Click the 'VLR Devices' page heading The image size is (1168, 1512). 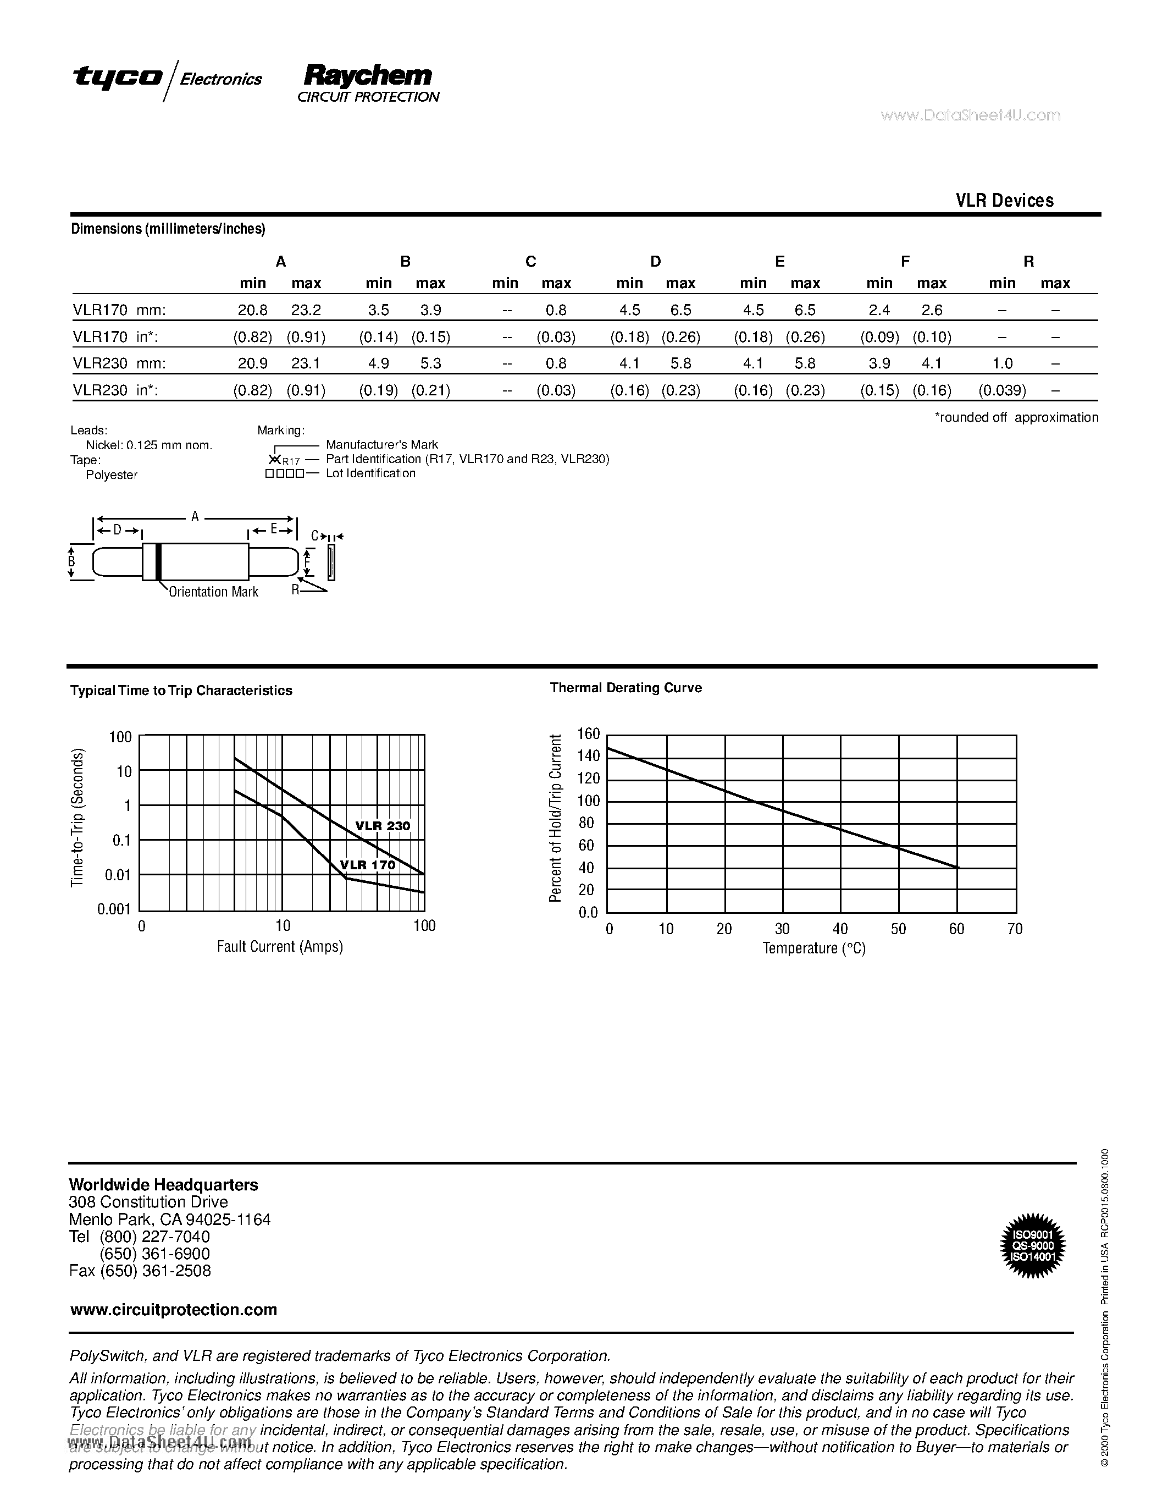1004,200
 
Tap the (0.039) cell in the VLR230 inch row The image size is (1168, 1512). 1002,390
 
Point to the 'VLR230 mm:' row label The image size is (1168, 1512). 120,363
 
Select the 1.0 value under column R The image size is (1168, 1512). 1002,363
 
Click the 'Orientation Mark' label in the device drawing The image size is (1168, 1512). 213,592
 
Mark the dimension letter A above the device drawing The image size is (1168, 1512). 195,516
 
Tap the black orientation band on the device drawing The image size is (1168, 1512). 158,561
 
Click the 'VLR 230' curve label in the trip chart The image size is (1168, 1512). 383,826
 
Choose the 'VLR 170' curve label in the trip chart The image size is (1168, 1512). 367,865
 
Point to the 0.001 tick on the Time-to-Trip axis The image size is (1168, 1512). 114,909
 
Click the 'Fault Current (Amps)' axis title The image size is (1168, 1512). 280,946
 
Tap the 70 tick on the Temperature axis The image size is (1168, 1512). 1015,929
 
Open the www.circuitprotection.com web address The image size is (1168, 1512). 174,1310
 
